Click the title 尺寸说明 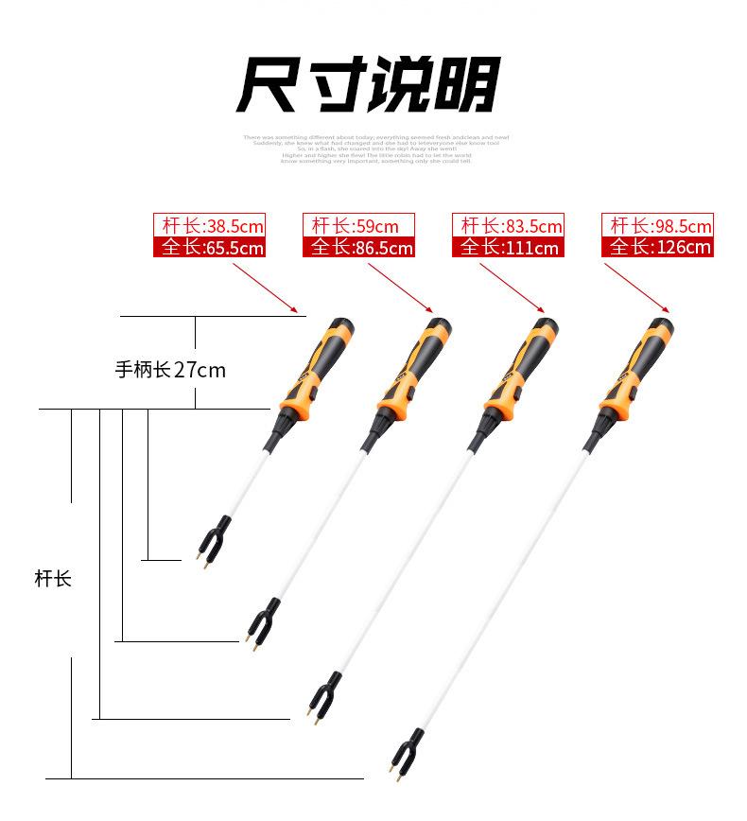point(368,84)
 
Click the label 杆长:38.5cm point(209,226)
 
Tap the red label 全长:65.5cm point(209,248)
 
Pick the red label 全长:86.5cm point(358,248)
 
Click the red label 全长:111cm point(508,248)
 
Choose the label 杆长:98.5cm point(657,226)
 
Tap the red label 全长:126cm point(657,248)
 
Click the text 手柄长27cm point(170,370)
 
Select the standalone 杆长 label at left point(53,578)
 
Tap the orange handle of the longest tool point(634,370)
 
